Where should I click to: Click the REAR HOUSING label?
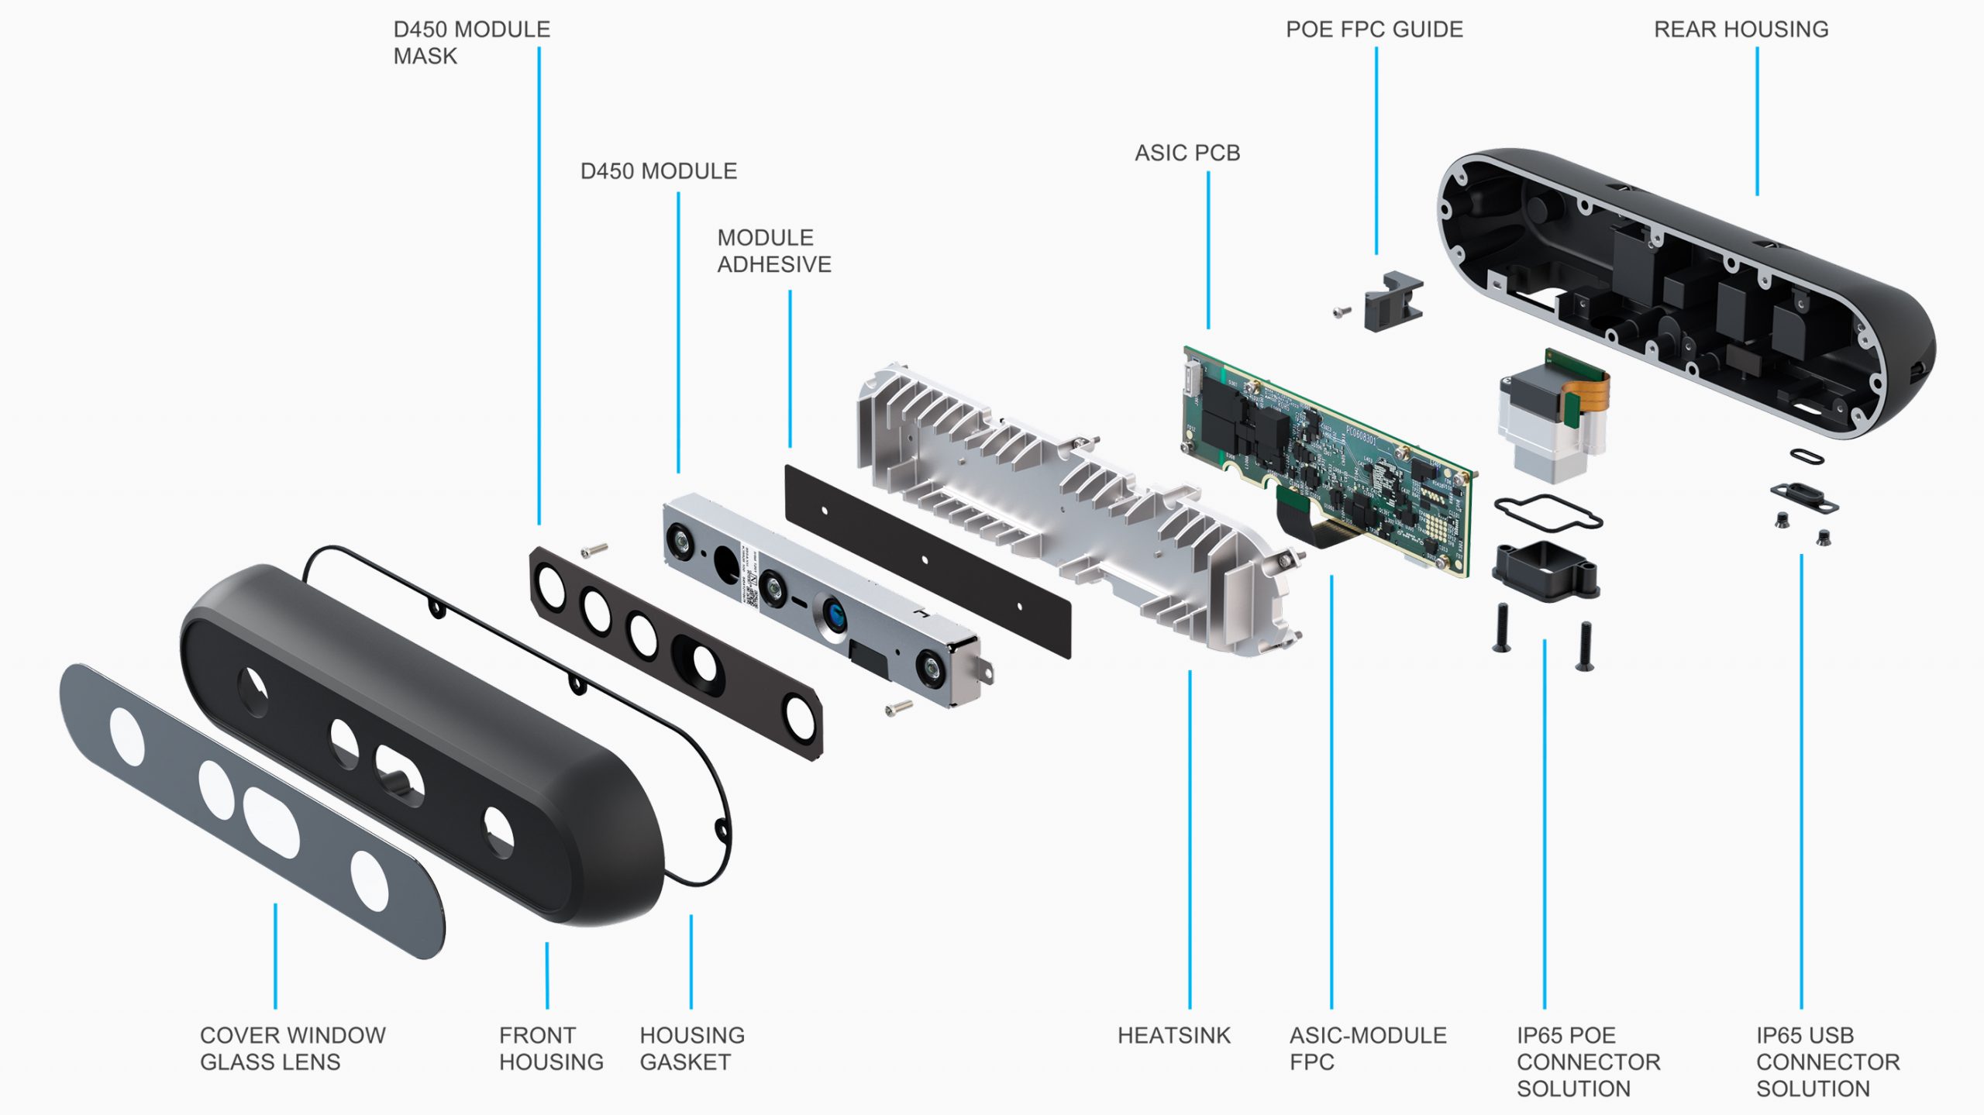[x=1741, y=29]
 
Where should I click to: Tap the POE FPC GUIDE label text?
[x=1374, y=29]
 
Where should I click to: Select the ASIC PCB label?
[x=1187, y=153]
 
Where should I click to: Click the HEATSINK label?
[x=1173, y=1035]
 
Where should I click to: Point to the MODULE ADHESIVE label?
[x=773, y=251]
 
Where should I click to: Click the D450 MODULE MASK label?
[x=471, y=43]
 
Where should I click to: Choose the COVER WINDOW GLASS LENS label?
[x=292, y=1048]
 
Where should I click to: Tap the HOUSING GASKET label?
[x=691, y=1048]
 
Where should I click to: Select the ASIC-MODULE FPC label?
[x=1367, y=1048]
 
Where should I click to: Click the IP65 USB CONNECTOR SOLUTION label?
[x=1827, y=1062]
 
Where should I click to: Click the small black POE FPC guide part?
[x=1393, y=301]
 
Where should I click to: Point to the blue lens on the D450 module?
[x=835, y=616]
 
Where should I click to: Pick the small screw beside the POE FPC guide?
[x=1342, y=311]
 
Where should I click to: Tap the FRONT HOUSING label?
[x=550, y=1048]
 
